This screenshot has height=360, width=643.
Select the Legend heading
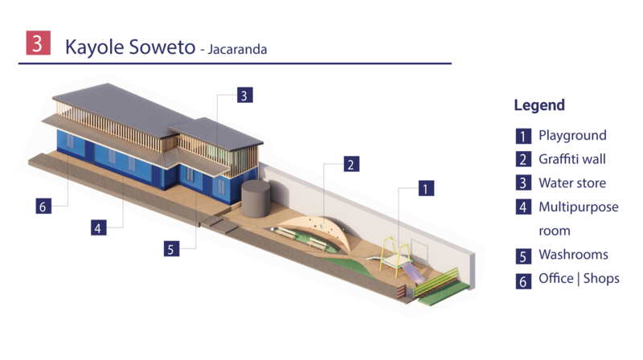point(539,105)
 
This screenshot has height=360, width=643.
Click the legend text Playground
point(572,135)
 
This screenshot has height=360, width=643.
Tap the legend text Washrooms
point(573,255)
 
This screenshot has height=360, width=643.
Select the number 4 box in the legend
point(522,207)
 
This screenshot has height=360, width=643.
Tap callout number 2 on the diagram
point(350,165)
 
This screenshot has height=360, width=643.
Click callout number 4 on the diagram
point(97,228)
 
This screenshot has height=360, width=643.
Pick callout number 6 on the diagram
point(43,206)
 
